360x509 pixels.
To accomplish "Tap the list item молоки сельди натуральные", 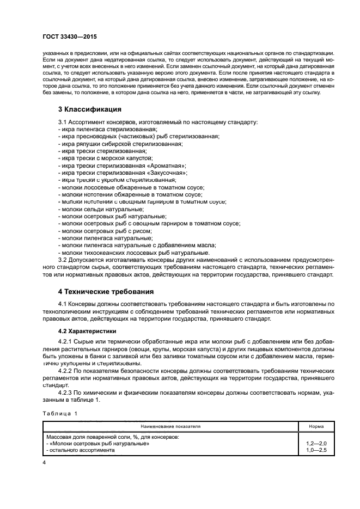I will (x=103, y=209).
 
